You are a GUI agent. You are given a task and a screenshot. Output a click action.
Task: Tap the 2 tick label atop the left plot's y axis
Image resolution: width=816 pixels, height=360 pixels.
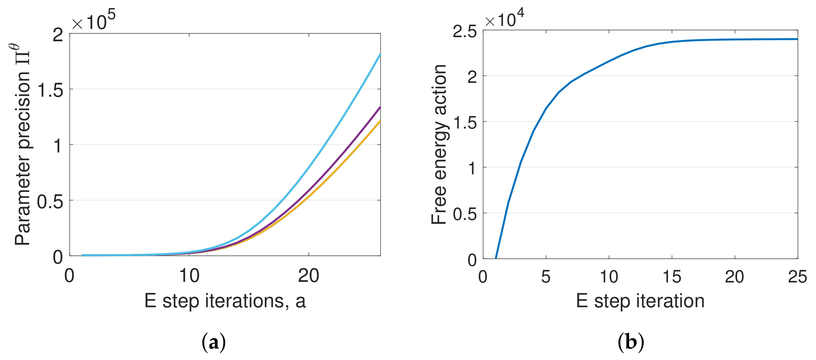(58, 34)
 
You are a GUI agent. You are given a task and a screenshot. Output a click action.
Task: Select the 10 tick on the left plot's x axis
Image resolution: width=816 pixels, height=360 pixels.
(189, 276)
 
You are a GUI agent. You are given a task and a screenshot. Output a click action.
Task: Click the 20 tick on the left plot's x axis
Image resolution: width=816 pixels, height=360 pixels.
(309, 276)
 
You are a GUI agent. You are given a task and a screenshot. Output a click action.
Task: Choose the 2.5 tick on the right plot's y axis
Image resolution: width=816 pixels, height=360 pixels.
(464, 31)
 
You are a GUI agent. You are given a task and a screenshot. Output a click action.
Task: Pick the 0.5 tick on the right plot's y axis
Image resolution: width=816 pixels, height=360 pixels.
(464, 215)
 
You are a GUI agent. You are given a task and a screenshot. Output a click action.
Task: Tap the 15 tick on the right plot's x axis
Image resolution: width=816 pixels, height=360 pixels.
(672, 277)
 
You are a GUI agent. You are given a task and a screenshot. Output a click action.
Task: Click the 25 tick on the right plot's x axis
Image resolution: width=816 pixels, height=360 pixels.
(797, 277)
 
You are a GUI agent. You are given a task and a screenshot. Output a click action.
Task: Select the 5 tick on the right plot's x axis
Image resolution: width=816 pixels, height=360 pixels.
(546, 277)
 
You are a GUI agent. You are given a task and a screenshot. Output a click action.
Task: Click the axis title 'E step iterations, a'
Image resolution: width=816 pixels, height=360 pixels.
(225, 301)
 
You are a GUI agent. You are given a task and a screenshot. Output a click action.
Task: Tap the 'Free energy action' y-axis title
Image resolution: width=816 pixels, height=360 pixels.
(439, 144)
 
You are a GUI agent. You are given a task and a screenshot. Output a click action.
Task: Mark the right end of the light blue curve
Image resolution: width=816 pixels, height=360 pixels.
(380, 55)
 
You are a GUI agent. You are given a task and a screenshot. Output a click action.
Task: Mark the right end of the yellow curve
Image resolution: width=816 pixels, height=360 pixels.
(380, 121)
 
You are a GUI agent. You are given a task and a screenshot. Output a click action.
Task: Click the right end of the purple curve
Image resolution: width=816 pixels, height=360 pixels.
(380, 108)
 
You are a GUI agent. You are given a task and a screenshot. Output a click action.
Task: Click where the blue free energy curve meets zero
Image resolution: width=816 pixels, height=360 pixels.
(496, 258)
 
